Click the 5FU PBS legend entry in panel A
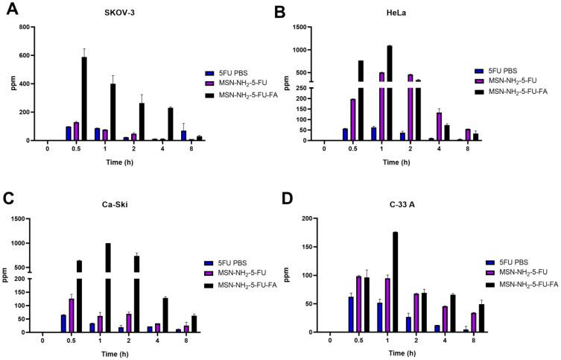233,73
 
